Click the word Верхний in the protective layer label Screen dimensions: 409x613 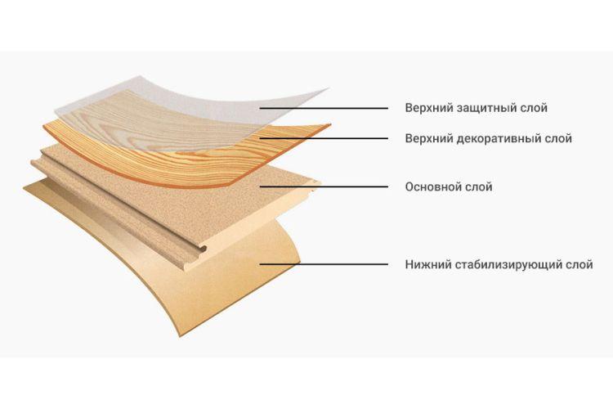point(427,108)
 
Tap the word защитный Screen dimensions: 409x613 point(484,108)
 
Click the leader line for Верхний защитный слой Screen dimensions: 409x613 point(327,108)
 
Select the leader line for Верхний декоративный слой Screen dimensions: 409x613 point(327,138)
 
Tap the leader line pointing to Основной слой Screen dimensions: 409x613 point(327,187)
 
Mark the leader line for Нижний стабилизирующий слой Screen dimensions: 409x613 point(327,264)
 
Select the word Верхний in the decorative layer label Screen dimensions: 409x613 point(427,138)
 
